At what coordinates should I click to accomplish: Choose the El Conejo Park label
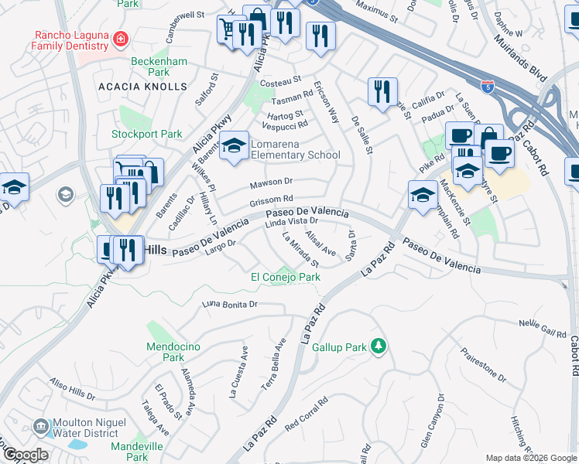285,277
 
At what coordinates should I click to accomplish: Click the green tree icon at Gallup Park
379,345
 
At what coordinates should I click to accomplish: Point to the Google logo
26,455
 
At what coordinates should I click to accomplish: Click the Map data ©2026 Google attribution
530,458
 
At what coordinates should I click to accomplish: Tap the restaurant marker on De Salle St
381,92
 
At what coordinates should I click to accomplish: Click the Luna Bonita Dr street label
230,305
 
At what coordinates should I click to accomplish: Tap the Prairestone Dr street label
483,367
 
